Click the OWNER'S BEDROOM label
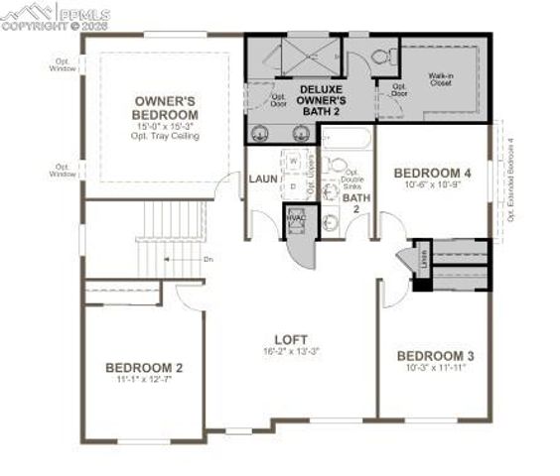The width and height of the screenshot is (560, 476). click(166, 107)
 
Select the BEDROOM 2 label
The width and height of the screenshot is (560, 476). click(144, 367)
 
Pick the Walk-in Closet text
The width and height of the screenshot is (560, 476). click(443, 79)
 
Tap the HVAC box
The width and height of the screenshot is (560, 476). click(296, 219)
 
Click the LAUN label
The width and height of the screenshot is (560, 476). click(263, 179)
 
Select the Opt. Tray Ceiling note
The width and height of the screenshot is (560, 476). click(166, 135)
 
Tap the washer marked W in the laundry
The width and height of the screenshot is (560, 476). click(294, 161)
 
